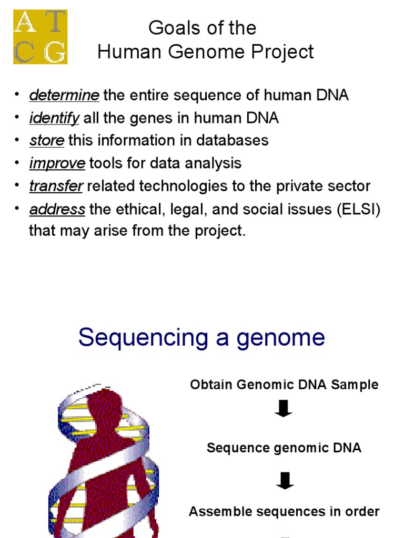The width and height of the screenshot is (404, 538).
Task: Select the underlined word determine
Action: [x=64, y=96]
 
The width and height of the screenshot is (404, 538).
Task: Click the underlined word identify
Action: [x=54, y=118]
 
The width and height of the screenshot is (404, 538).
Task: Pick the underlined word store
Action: [x=47, y=141]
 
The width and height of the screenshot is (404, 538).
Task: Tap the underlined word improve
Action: [x=57, y=163]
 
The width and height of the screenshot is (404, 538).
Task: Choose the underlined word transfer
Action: [x=56, y=186]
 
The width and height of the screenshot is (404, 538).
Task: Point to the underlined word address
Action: [x=57, y=209]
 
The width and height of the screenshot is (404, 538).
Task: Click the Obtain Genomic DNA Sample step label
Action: [x=284, y=385]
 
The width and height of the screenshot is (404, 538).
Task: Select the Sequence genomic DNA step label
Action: [x=284, y=448]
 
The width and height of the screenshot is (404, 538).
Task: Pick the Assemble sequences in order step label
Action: [x=284, y=511]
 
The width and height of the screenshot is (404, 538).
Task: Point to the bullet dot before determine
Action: [x=17, y=95]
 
